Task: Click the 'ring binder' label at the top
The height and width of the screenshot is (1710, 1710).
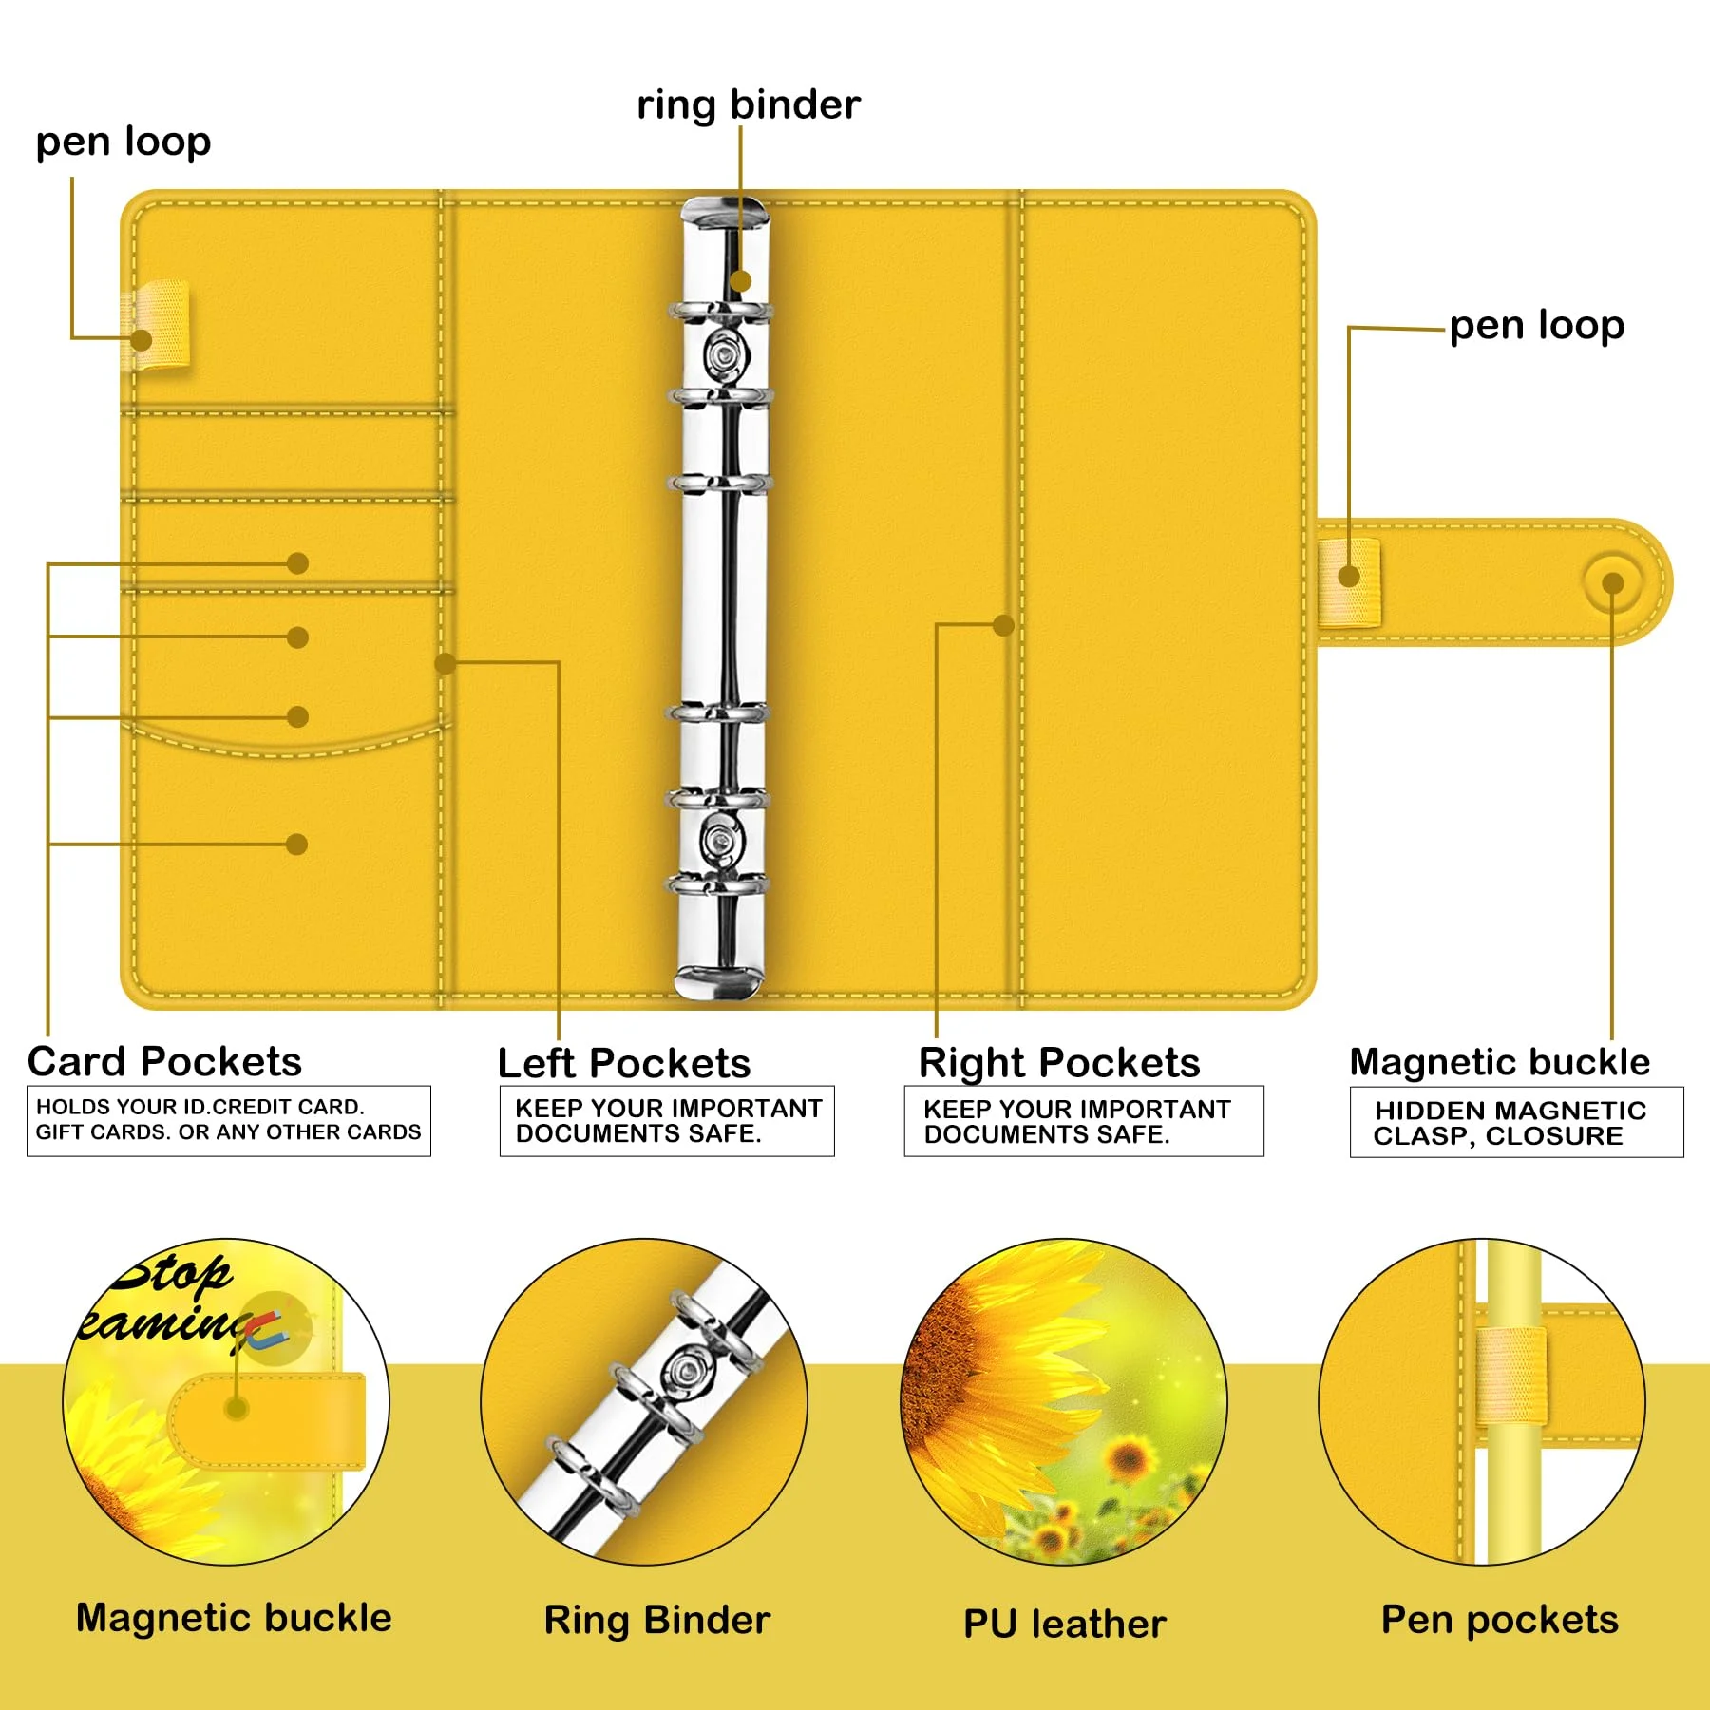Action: click(749, 104)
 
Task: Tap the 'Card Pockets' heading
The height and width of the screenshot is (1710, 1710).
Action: click(164, 1061)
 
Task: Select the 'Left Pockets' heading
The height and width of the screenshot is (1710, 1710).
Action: click(624, 1063)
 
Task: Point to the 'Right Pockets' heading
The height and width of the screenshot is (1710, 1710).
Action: click(1059, 1063)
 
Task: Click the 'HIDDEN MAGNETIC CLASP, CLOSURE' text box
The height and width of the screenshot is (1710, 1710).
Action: click(1516, 1123)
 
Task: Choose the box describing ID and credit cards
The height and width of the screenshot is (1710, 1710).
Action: click(228, 1120)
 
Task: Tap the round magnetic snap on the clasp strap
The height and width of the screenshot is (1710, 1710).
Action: click(1612, 582)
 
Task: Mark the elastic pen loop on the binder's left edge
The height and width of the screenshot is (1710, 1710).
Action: click(157, 323)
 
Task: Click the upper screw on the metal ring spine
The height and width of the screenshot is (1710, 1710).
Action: click(726, 354)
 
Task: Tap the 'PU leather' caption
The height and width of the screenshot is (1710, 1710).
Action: click(1064, 1624)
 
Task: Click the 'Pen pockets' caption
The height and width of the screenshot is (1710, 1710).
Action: click(1499, 1620)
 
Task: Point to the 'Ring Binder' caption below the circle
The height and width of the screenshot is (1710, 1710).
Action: click(657, 1621)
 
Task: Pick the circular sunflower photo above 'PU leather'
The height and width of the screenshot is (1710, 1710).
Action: click(1064, 1401)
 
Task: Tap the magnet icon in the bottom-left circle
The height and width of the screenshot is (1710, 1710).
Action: click(267, 1327)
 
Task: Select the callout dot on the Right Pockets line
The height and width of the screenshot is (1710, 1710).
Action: click(1003, 625)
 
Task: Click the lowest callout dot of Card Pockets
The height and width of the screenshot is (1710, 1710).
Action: click(296, 844)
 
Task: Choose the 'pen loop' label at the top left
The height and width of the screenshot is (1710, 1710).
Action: click(123, 142)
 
